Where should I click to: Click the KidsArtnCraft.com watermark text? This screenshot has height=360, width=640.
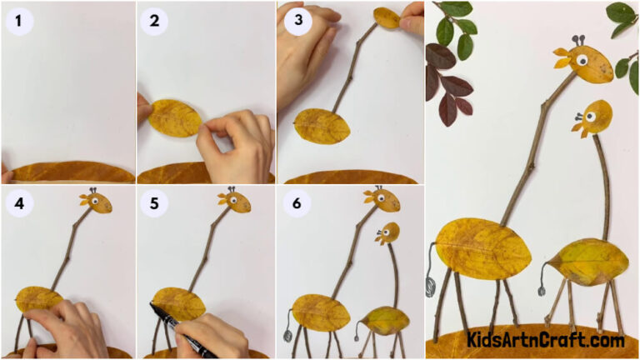(x=546, y=340)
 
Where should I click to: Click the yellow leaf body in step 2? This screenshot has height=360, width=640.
(x=174, y=117)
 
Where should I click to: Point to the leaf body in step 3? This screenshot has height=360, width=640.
(x=322, y=126)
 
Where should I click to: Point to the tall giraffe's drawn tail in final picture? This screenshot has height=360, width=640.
(x=430, y=276)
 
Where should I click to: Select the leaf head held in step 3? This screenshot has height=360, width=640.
(x=386, y=17)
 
